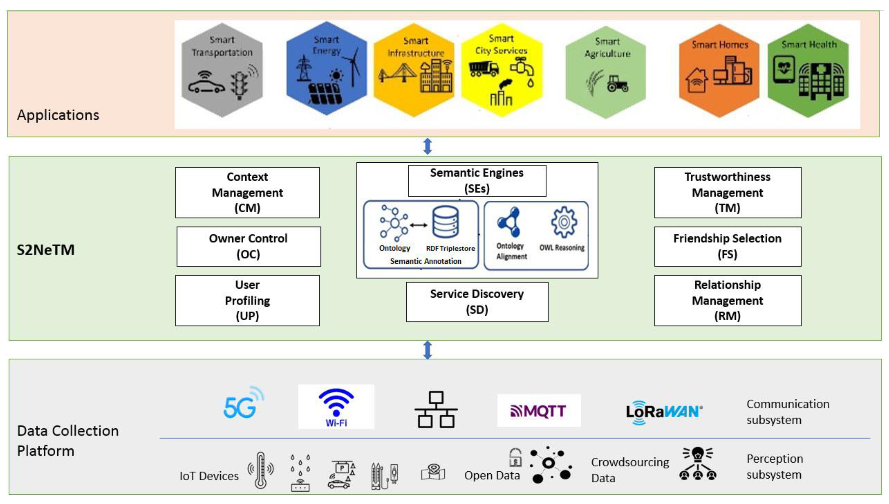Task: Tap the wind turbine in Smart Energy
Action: point(353,68)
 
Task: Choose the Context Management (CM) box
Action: point(247,192)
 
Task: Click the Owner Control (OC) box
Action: point(248,246)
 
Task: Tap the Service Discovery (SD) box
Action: point(477,301)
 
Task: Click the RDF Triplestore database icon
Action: point(445,222)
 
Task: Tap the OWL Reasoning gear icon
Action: point(564,222)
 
